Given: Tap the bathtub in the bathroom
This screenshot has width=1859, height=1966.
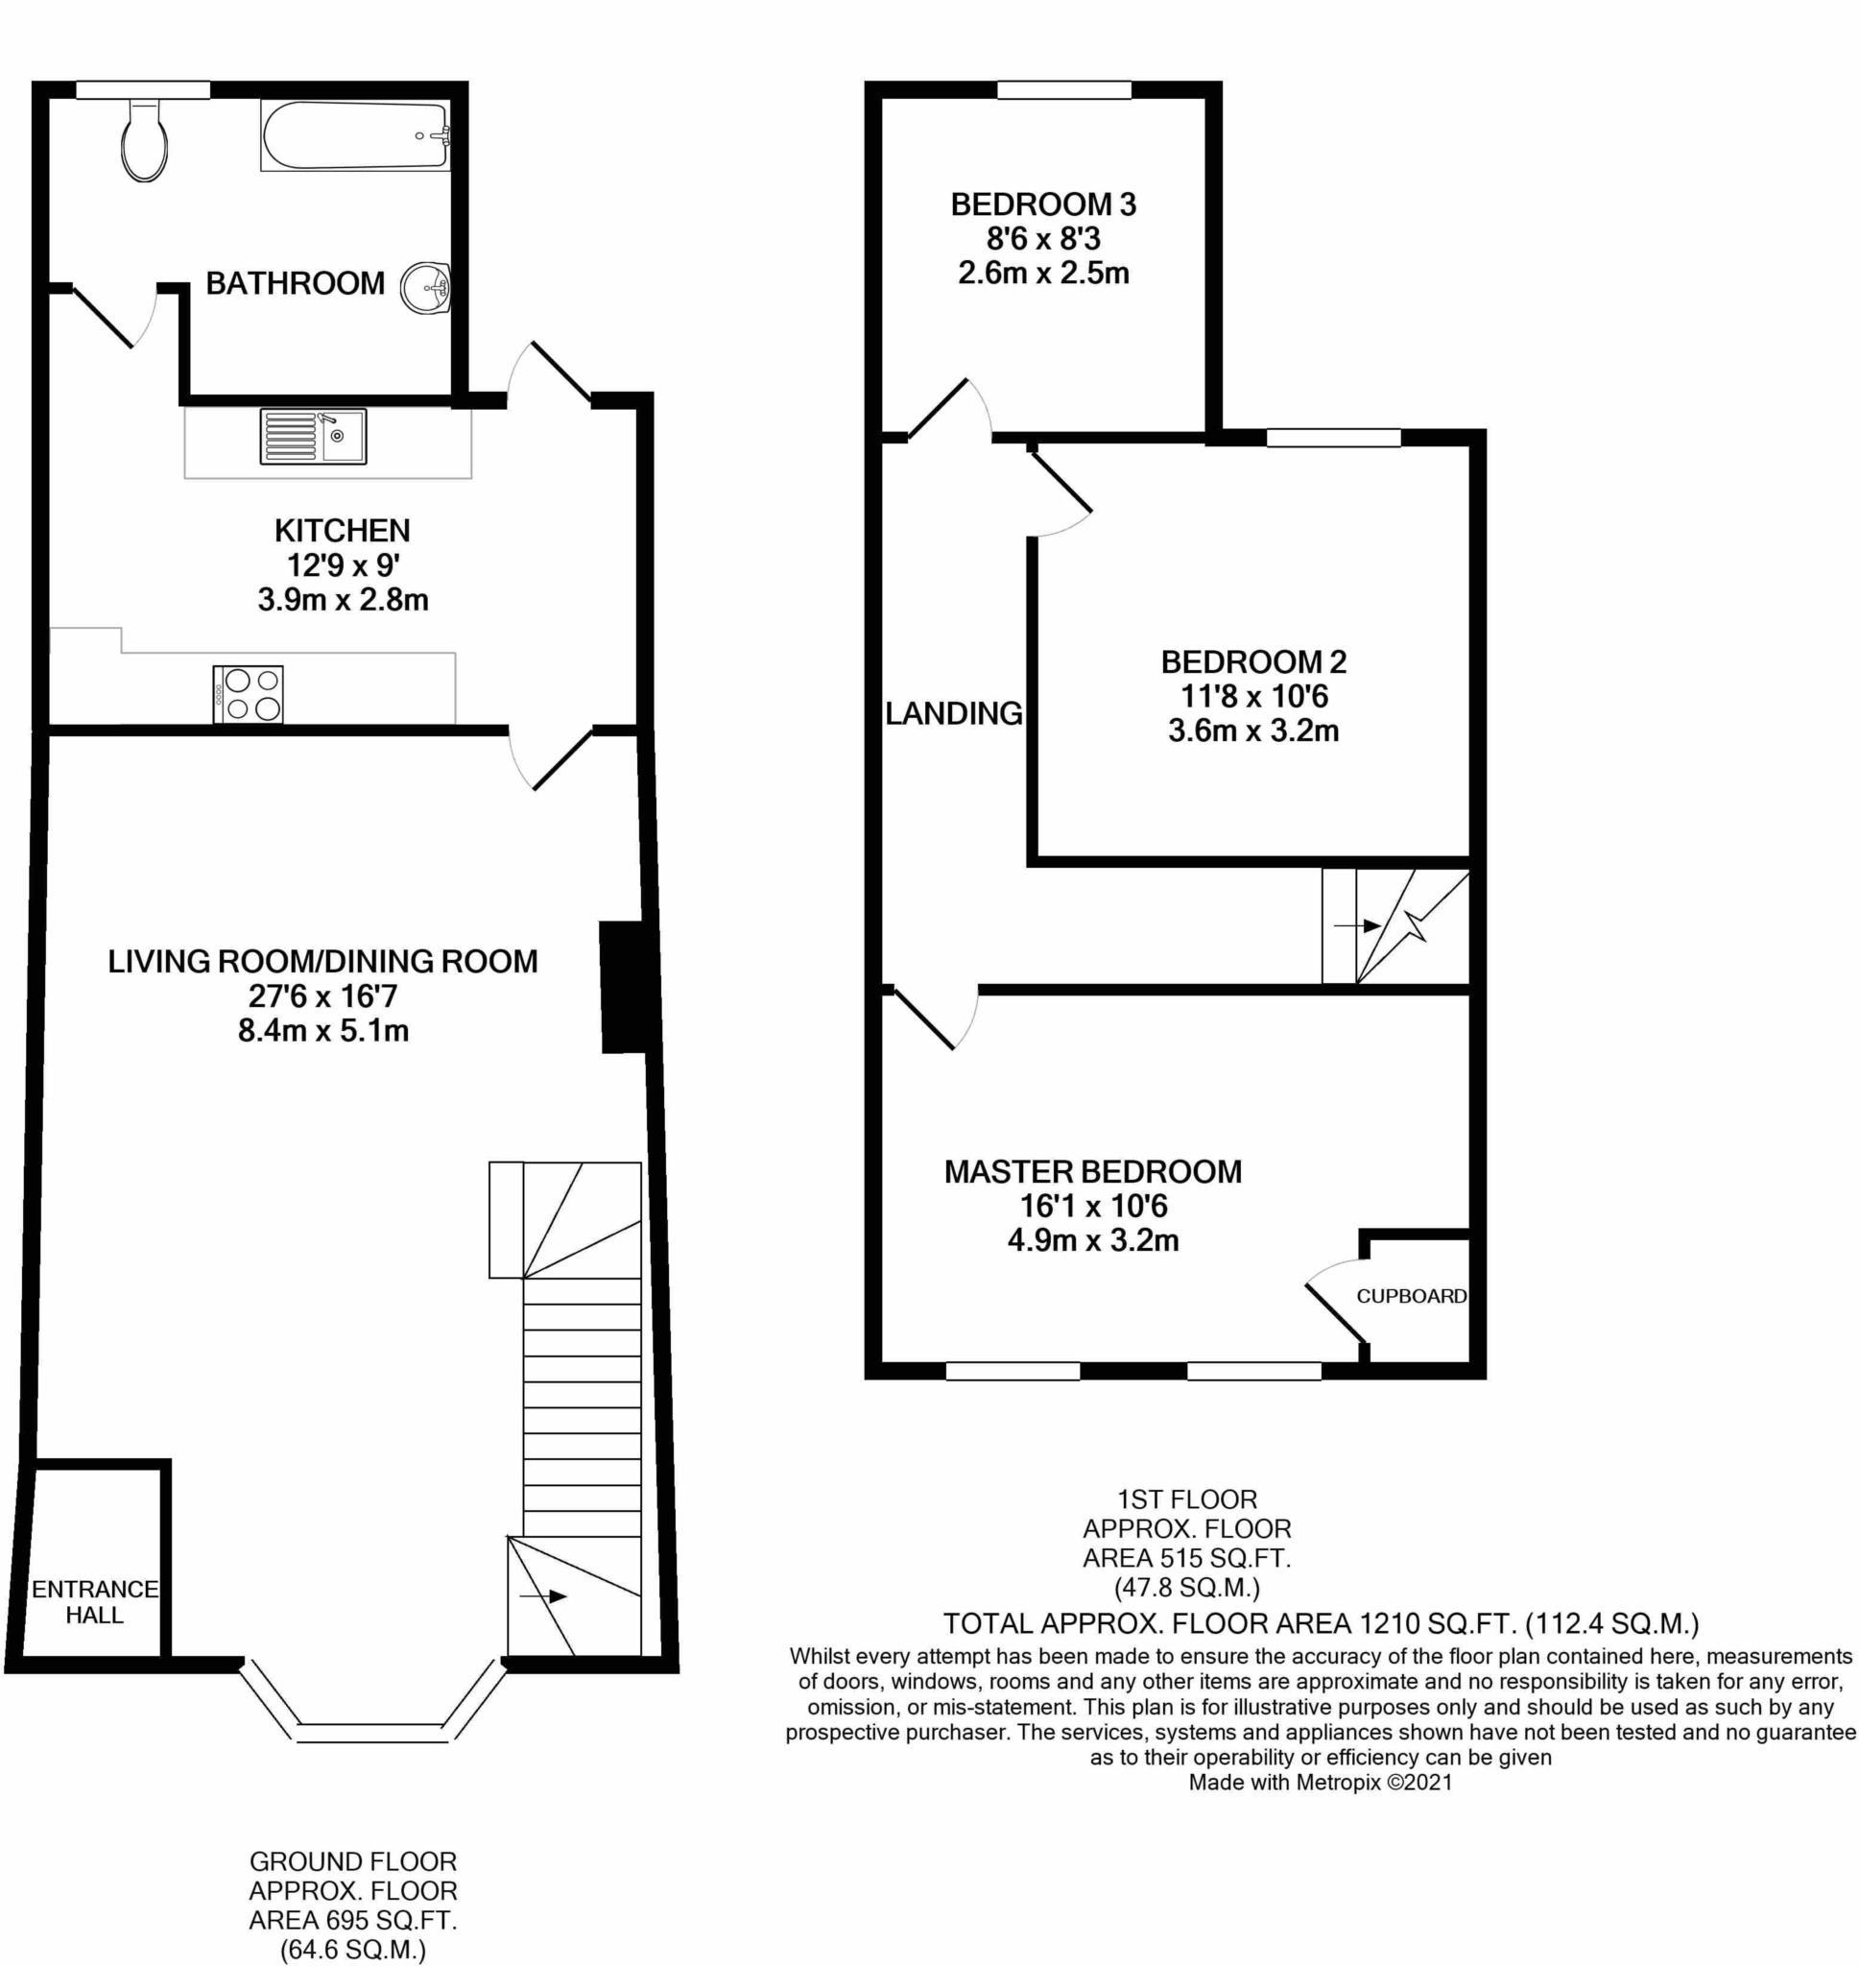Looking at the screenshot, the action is click(356, 136).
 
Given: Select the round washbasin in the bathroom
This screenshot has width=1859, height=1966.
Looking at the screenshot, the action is click(426, 288).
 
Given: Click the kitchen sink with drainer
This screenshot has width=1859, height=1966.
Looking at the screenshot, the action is click(313, 436).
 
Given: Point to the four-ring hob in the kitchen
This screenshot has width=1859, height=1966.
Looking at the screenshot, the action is click(248, 694).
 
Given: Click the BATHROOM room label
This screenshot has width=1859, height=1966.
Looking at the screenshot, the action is click(296, 283).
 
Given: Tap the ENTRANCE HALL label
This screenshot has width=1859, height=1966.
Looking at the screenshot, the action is click(95, 1602).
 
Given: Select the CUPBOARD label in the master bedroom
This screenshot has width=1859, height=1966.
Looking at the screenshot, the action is click(1411, 1296).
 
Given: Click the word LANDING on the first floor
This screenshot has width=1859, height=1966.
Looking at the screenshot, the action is click(953, 712).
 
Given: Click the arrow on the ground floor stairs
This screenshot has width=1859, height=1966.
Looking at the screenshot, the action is click(544, 1596).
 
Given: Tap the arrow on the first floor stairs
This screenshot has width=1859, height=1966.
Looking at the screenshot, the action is click(1358, 926).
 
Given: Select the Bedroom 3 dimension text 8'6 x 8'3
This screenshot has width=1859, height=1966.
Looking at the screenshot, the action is click(1043, 239).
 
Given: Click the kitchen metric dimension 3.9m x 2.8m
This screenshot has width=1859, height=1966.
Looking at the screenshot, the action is click(343, 600).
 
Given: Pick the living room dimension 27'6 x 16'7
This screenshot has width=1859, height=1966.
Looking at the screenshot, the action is click(323, 995).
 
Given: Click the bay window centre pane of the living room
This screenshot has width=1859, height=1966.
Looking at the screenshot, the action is click(372, 1733).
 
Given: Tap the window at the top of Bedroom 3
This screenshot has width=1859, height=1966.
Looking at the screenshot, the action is click(1064, 90).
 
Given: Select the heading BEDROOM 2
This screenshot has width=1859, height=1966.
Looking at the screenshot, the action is click(1253, 661).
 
